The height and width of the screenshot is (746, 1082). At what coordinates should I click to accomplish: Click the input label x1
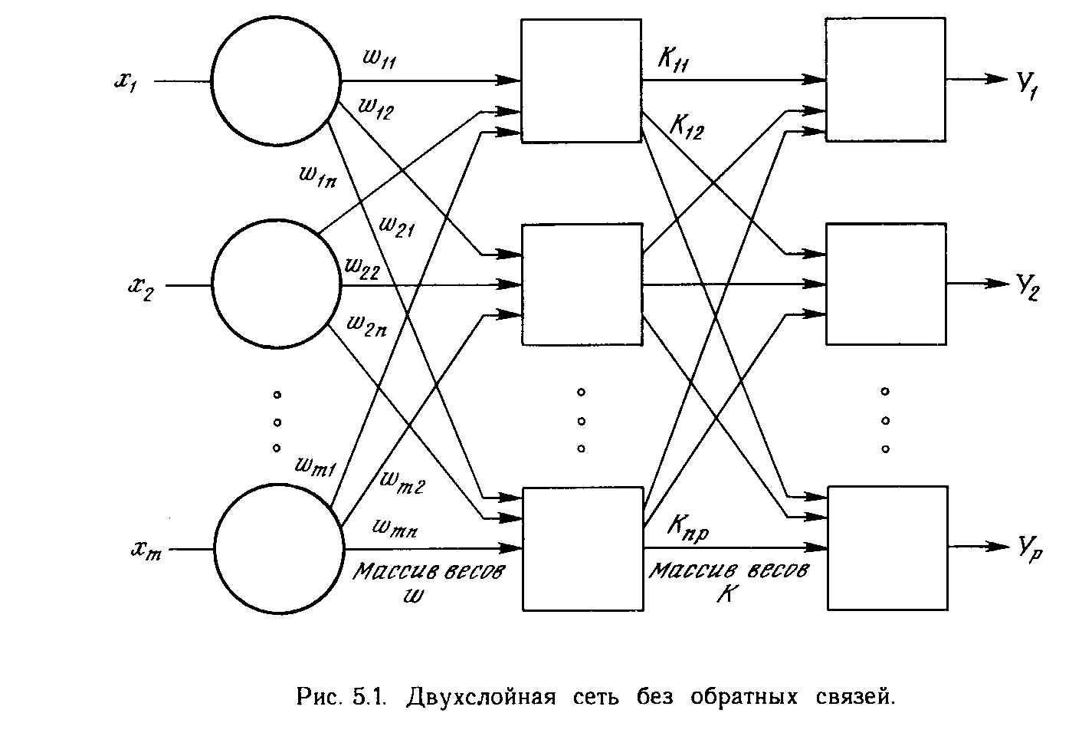(126, 82)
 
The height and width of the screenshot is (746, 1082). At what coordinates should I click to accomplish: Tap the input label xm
(146, 550)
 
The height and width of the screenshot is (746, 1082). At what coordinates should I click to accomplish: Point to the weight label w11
(380, 61)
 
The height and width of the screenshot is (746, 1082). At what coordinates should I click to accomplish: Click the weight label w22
(362, 267)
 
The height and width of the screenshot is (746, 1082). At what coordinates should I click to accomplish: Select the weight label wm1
(315, 467)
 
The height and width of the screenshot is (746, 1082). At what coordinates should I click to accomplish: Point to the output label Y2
(1028, 289)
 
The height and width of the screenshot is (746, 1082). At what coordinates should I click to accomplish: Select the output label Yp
(1029, 549)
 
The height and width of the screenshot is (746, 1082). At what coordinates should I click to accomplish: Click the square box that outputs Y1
(885, 80)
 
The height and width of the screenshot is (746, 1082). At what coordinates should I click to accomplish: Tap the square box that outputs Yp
(887, 547)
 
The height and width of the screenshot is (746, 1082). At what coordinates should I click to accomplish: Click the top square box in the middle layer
(581, 81)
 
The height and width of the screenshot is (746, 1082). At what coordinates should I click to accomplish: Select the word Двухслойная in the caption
(480, 698)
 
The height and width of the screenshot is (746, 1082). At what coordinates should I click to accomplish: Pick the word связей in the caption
(851, 698)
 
